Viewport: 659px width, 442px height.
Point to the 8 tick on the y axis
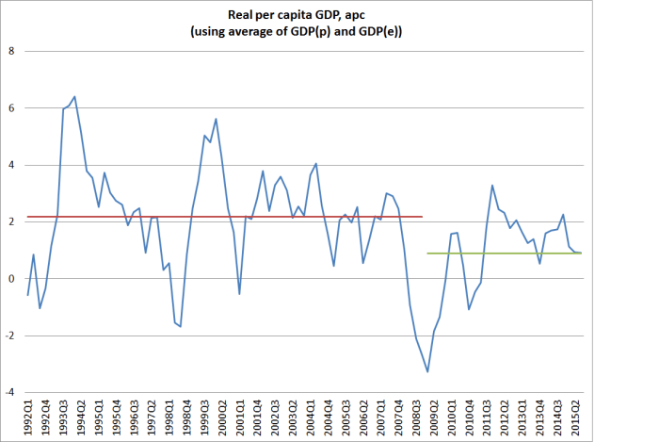pos(10,51)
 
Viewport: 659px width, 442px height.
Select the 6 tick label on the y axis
pos(10,108)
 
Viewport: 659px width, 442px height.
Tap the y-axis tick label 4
pos(10,165)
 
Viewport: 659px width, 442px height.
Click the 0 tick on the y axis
pos(10,279)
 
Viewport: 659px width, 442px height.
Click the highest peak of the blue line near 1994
pos(75,96)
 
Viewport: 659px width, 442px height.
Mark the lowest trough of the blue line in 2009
pos(427,371)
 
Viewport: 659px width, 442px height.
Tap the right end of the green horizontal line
pos(609,253)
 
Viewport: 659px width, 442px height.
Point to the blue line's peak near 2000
pos(217,119)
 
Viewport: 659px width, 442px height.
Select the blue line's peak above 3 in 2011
pos(492,186)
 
